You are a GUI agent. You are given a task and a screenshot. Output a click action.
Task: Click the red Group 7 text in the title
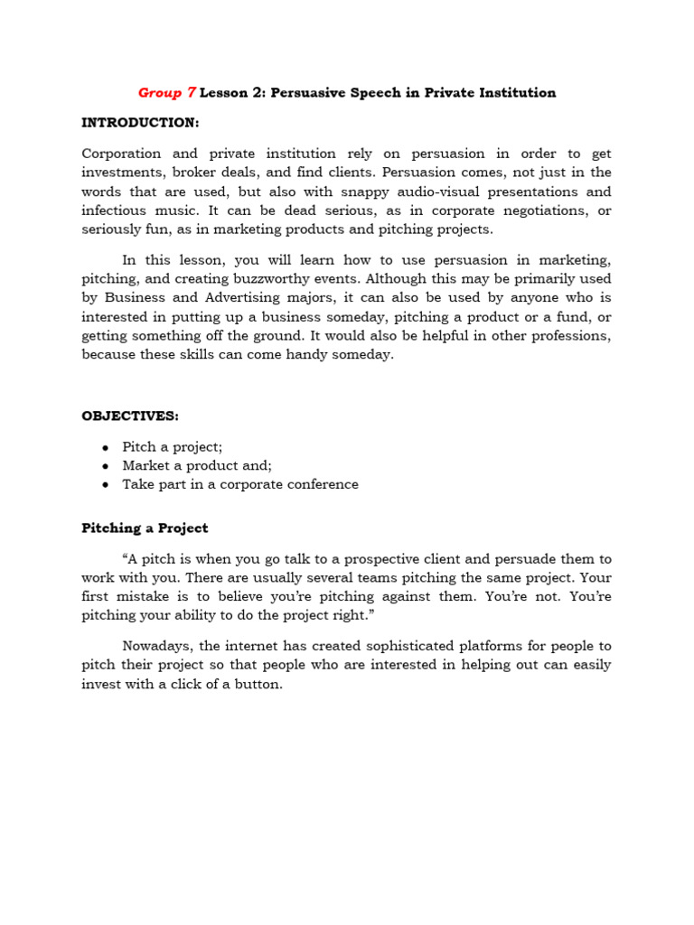166,93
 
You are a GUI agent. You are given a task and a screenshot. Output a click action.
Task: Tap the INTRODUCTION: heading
140,122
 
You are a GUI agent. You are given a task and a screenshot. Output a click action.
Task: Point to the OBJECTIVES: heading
130,416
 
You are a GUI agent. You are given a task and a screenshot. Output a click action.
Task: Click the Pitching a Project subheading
145,528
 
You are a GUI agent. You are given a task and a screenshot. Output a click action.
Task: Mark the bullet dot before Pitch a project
106,447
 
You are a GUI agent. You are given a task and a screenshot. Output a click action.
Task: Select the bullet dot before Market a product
106,466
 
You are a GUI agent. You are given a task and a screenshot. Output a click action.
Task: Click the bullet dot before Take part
106,485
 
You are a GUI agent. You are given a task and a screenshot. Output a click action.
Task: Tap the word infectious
112,210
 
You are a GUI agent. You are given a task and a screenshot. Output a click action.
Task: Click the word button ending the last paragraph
259,684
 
